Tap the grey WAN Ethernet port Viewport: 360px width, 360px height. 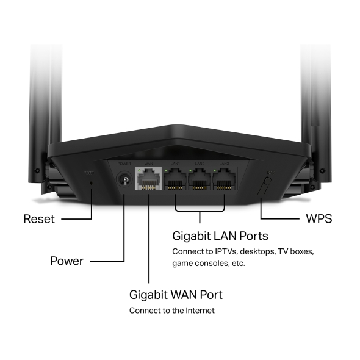pos(149,181)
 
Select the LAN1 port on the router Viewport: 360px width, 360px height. pos(176,180)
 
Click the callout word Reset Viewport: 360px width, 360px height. pos(39,218)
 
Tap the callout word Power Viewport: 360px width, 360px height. pos(67,261)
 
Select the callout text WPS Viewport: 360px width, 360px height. pos(318,218)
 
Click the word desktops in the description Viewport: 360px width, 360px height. pos(259,251)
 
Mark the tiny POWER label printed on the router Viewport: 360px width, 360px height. pos(124,164)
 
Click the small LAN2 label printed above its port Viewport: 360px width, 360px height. pos(200,164)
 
